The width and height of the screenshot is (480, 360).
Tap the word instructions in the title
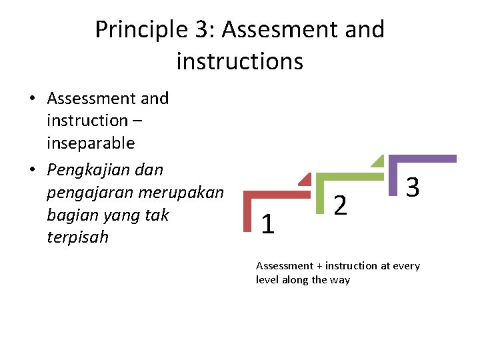pos(239,62)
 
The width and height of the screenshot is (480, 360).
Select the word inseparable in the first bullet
pos(91,143)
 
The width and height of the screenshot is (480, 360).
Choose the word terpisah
pos(78,238)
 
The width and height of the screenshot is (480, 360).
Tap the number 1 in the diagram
pos(268,225)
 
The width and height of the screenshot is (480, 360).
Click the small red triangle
pos(305,179)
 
